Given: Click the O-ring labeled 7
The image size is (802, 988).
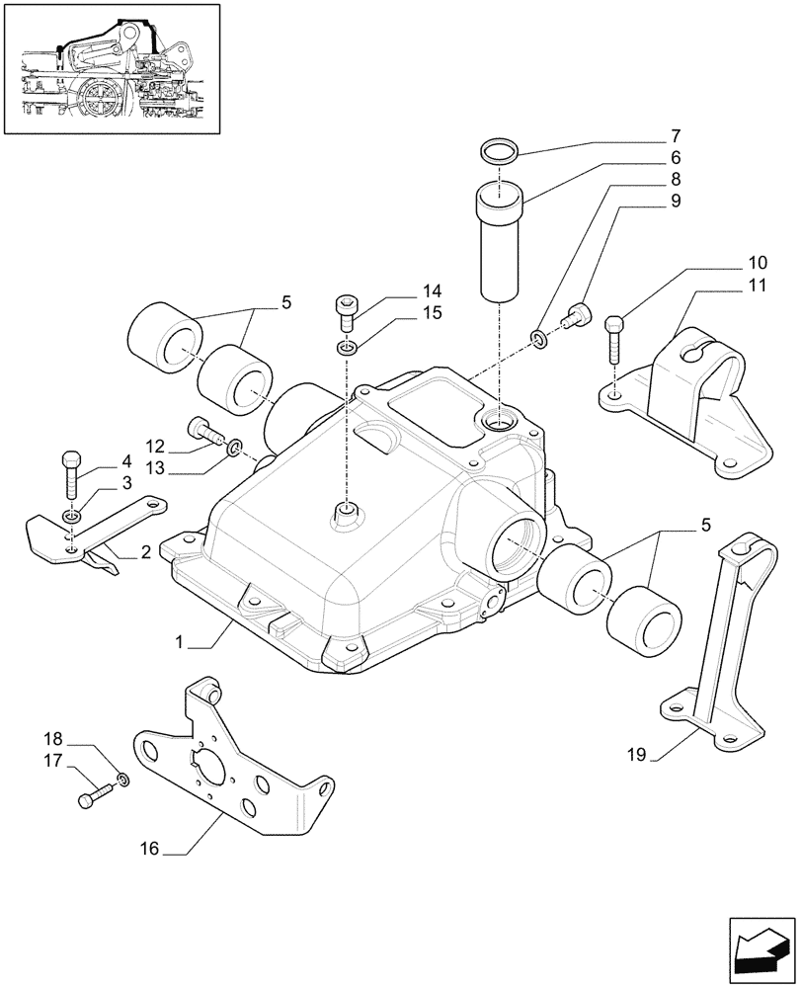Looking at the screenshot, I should (502, 151).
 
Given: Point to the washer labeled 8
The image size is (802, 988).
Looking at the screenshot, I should (538, 340).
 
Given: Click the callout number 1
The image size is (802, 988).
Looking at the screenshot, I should (180, 642).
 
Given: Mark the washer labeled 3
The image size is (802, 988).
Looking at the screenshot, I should (71, 517).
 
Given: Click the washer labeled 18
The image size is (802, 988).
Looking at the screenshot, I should (120, 781).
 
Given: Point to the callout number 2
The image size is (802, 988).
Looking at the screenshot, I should (145, 551).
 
